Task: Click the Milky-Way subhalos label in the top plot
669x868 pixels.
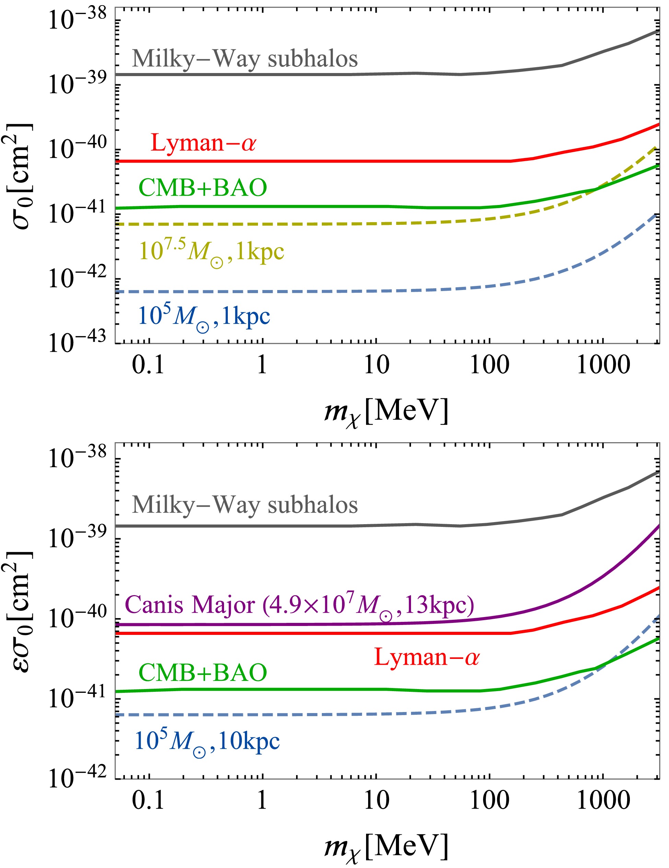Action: point(245,59)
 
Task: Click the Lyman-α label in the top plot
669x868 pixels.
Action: point(203,143)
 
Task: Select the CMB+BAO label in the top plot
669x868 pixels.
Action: point(203,188)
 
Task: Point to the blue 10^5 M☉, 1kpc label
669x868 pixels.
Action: point(204,317)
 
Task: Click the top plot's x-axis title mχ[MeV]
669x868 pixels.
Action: point(386,412)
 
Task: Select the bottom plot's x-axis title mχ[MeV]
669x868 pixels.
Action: point(386,847)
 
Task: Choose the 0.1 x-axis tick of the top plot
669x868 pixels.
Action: point(148,364)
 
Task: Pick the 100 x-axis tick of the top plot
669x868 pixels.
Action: point(489,364)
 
